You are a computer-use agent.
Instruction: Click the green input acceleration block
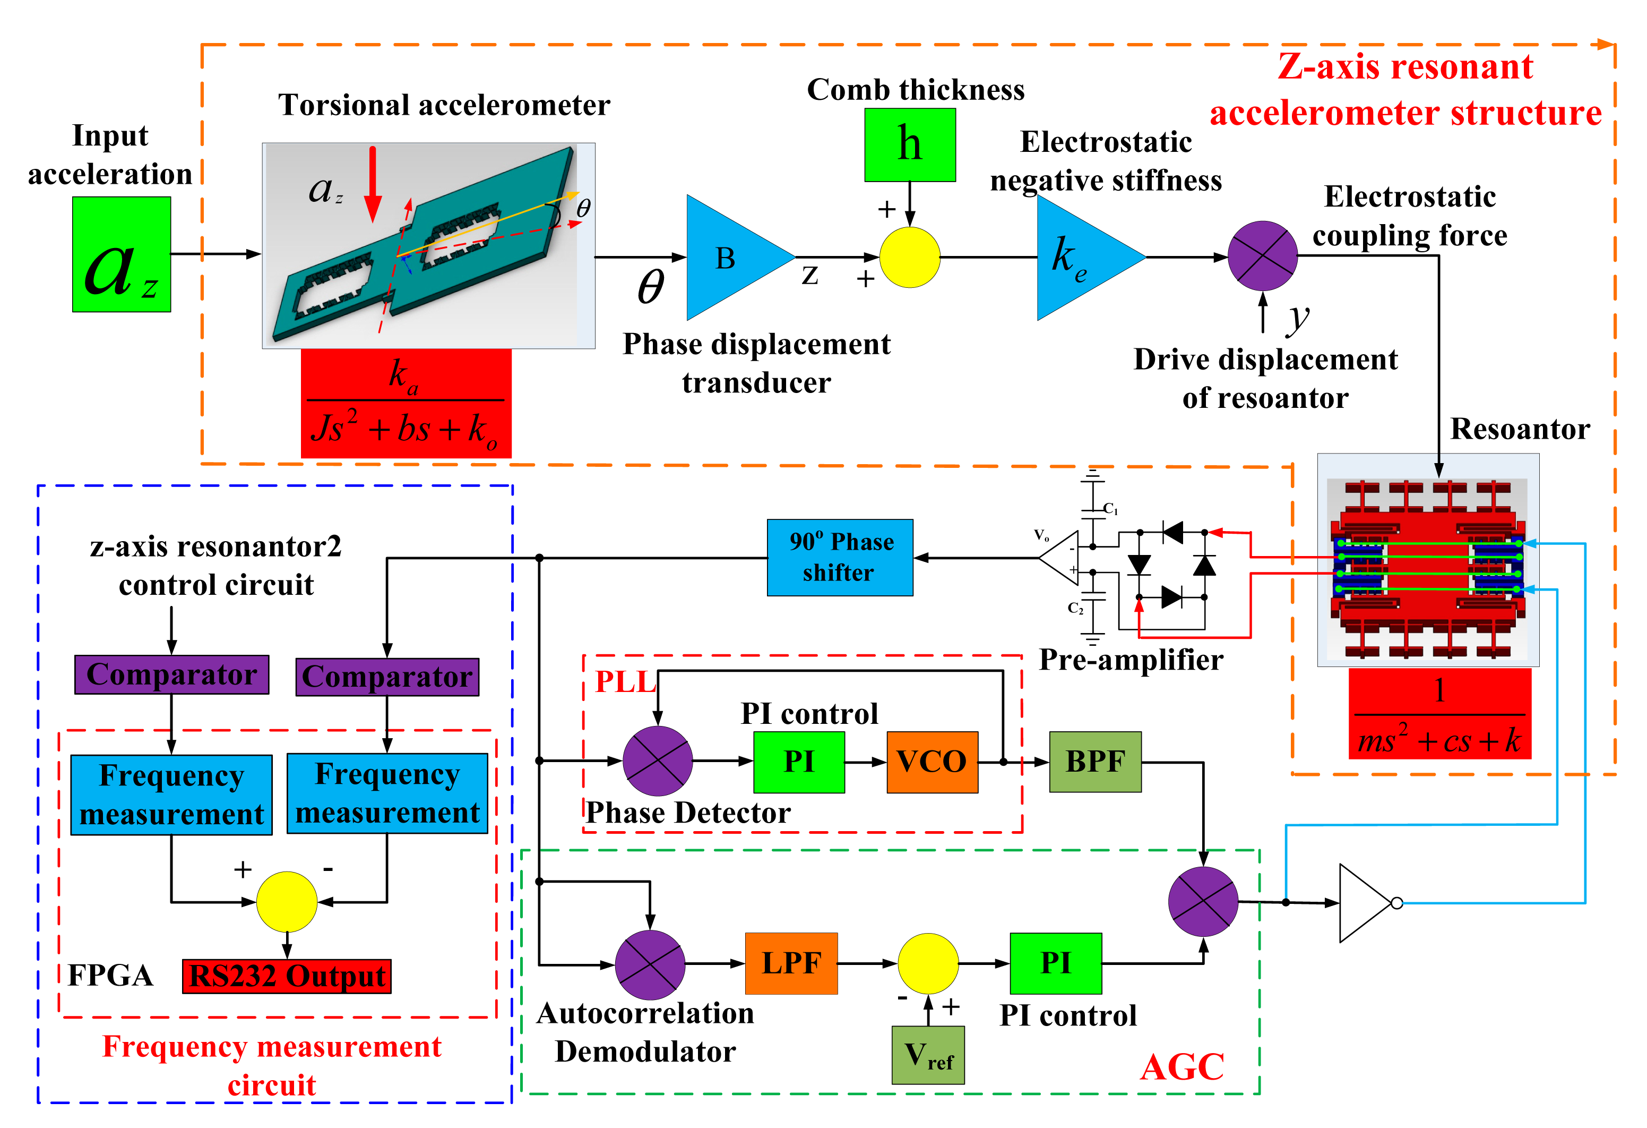coord(121,254)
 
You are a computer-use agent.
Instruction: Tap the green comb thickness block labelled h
coord(910,144)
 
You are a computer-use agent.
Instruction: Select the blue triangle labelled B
coord(737,258)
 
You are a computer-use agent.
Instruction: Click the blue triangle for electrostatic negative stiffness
coord(1088,258)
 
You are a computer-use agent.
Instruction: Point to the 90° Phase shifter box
coord(840,557)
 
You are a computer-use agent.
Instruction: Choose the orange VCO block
coord(932,762)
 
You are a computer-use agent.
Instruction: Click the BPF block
coord(1095,762)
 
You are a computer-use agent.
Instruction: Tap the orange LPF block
coord(791,963)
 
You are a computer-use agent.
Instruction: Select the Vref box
coord(928,1055)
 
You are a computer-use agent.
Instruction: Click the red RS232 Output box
coord(287,976)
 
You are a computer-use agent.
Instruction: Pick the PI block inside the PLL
coord(799,762)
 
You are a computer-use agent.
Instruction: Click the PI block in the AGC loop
coord(1056,963)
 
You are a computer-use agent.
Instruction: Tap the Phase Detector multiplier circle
coord(658,760)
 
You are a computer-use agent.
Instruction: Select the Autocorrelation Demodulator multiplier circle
coord(650,965)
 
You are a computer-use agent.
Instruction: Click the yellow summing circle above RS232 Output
coord(286,902)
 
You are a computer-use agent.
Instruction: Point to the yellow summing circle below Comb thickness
coord(910,258)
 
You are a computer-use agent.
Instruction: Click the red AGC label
coord(1182,1067)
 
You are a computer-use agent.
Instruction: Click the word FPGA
coord(110,976)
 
